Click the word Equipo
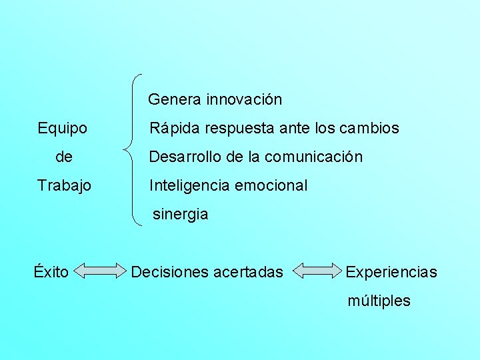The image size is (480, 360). pyautogui.click(x=63, y=128)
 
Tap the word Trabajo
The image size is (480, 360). pyautogui.click(x=64, y=185)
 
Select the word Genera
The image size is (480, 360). pyautogui.click(x=175, y=100)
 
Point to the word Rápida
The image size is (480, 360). pyautogui.click(x=171, y=128)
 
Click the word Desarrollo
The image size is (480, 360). pyautogui.click(x=185, y=157)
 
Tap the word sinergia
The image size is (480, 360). pyautogui.click(x=181, y=215)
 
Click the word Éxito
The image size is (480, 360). pyautogui.click(x=51, y=271)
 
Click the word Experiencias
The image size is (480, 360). pyautogui.click(x=391, y=272)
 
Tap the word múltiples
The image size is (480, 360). pyautogui.click(x=379, y=301)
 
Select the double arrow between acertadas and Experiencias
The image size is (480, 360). pyautogui.click(x=317, y=271)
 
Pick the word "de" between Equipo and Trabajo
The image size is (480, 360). pyautogui.click(x=65, y=157)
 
